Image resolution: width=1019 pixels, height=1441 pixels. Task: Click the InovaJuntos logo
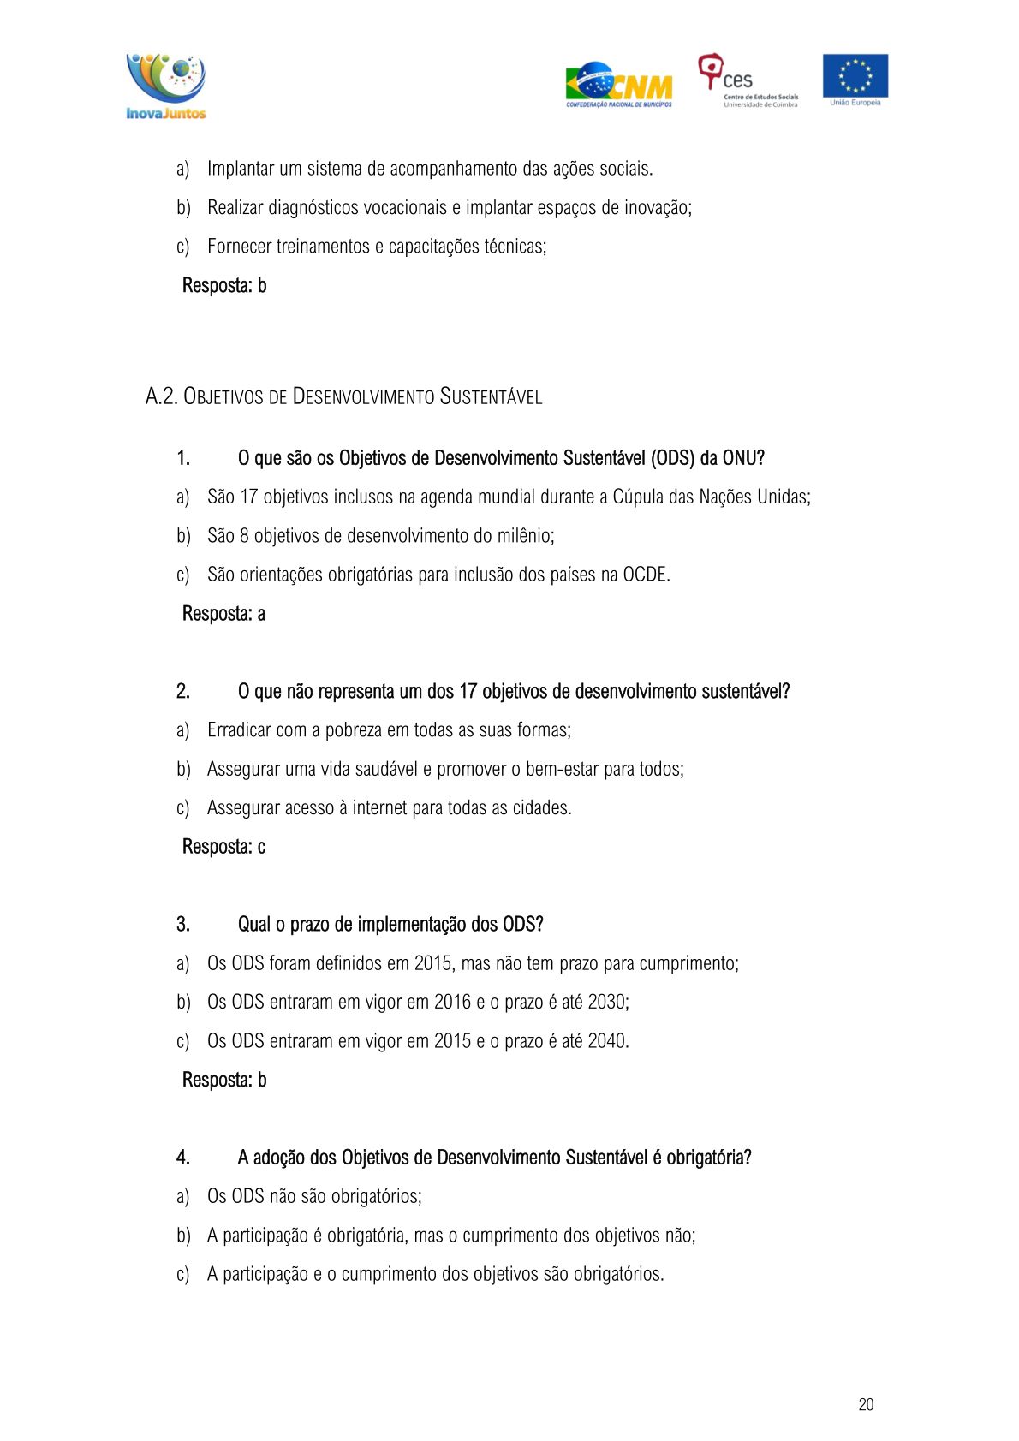point(166,86)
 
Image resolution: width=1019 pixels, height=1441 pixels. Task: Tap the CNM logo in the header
point(618,86)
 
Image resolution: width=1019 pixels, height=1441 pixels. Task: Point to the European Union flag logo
point(855,79)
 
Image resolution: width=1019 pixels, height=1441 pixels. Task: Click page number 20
point(866,1404)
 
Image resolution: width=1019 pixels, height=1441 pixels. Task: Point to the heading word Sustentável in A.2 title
point(491,396)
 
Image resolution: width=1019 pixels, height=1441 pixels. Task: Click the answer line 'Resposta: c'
point(223,847)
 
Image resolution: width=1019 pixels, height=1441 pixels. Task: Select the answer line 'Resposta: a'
point(223,614)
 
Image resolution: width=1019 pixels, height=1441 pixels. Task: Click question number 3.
point(183,925)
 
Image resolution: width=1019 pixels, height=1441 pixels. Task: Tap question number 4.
point(183,1158)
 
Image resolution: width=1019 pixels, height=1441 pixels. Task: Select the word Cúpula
point(638,497)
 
